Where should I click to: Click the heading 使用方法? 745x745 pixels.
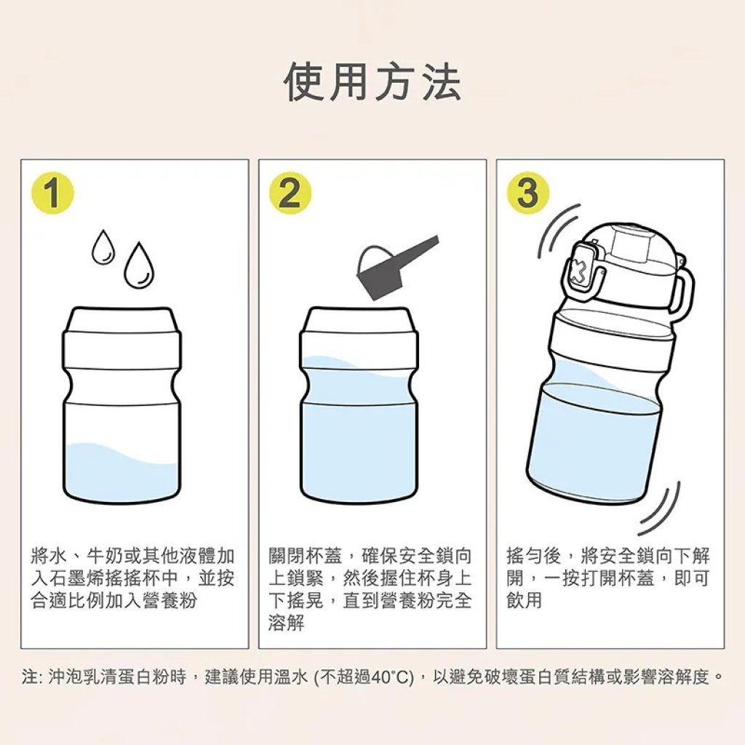click(372, 83)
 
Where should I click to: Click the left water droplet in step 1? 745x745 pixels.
click(103, 247)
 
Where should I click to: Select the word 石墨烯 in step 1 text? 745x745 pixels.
click(76, 578)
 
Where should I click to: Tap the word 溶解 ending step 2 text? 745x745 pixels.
click(286, 623)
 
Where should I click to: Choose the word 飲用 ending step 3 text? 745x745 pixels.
click(525, 600)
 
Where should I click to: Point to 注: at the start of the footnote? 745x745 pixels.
click(33, 677)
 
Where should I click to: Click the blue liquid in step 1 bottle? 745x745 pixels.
click(122, 474)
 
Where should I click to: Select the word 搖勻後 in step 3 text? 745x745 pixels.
click(534, 555)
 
